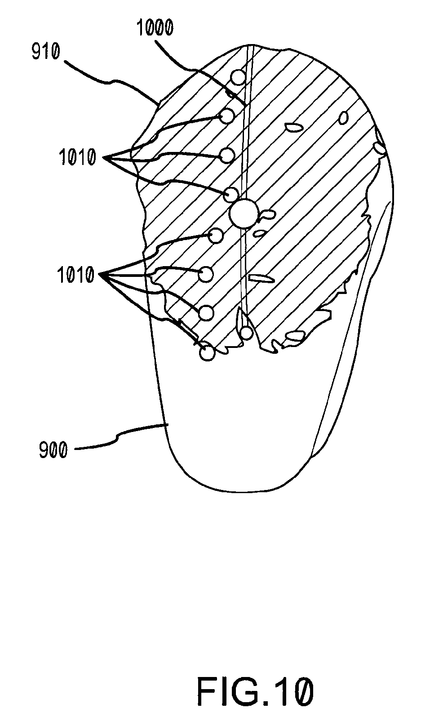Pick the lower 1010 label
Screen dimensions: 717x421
pos(75,274)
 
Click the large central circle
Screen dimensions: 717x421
pos(244,214)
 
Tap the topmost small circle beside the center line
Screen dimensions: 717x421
pos(238,77)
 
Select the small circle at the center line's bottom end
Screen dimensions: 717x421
pos(246,333)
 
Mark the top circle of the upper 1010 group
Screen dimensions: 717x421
pos(227,116)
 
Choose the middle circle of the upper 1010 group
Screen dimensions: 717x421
pos(227,156)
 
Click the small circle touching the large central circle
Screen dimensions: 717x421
pos(231,195)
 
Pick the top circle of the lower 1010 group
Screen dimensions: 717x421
pos(217,235)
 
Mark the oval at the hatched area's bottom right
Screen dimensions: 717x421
pos(295,335)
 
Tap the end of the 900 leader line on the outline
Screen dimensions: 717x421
pos(167,424)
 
